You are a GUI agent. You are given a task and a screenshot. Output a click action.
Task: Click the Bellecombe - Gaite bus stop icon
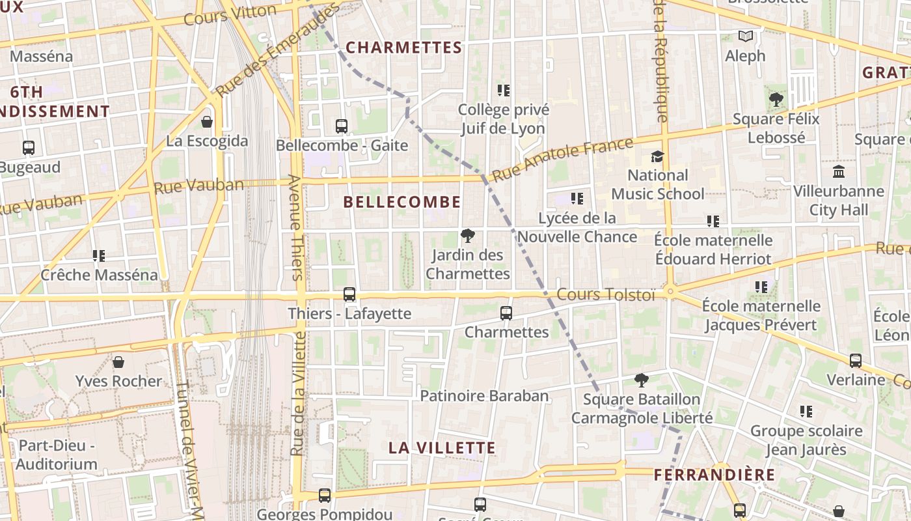[342, 126]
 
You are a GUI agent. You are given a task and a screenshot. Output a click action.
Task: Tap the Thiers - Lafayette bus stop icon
[349, 294]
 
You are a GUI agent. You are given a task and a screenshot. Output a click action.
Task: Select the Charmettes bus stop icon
[506, 313]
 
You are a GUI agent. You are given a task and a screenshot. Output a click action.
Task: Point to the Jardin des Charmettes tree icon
[467, 236]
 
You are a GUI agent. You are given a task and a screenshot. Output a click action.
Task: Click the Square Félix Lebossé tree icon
[776, 100]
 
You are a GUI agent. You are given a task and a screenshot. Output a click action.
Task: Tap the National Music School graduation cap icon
[657, 157]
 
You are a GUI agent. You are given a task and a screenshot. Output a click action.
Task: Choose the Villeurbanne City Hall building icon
[839, 172]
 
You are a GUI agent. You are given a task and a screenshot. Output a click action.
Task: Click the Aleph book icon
[745, 36]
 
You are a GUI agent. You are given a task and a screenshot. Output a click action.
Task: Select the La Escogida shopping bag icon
[207, 122]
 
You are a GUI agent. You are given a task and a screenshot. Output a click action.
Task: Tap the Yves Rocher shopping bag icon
[118, 362]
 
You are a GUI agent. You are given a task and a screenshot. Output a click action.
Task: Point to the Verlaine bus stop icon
[856, 361]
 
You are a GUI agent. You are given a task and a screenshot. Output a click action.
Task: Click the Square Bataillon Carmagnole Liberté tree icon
[642, 380]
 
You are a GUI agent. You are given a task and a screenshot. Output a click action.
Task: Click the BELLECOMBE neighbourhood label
[401, 202]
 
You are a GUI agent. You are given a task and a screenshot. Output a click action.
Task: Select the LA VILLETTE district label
[442, 448]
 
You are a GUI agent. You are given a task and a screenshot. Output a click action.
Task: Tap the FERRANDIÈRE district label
[714, 475]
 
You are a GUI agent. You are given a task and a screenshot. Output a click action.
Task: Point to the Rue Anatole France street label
[562, 159]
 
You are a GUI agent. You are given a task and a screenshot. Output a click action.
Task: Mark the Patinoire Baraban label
[484, 396]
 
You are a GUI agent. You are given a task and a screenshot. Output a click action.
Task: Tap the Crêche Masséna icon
[99, 256]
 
